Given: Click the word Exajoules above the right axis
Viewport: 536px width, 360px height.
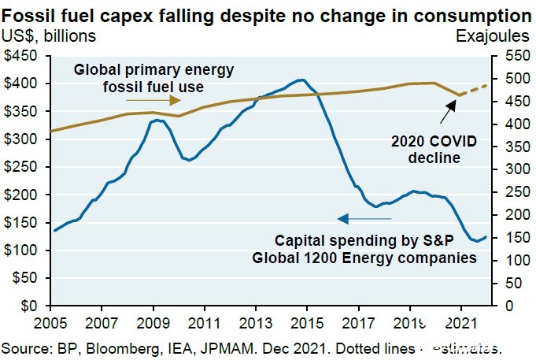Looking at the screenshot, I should (x=493, y=35).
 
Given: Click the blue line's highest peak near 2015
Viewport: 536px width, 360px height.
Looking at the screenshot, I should (x=300, y=80).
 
